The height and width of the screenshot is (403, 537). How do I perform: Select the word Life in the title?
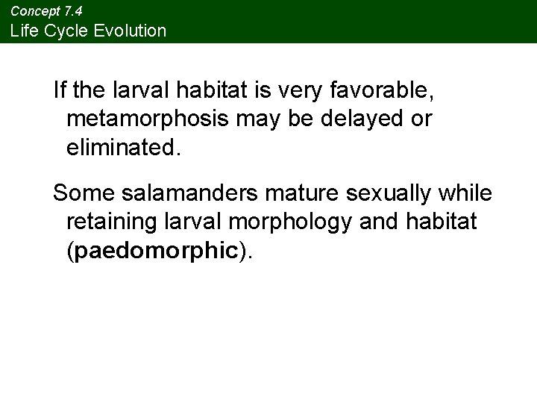[22, 31]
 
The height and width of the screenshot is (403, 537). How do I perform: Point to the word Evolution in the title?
[129, 31]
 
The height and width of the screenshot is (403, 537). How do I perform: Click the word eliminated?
[123, 146]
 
